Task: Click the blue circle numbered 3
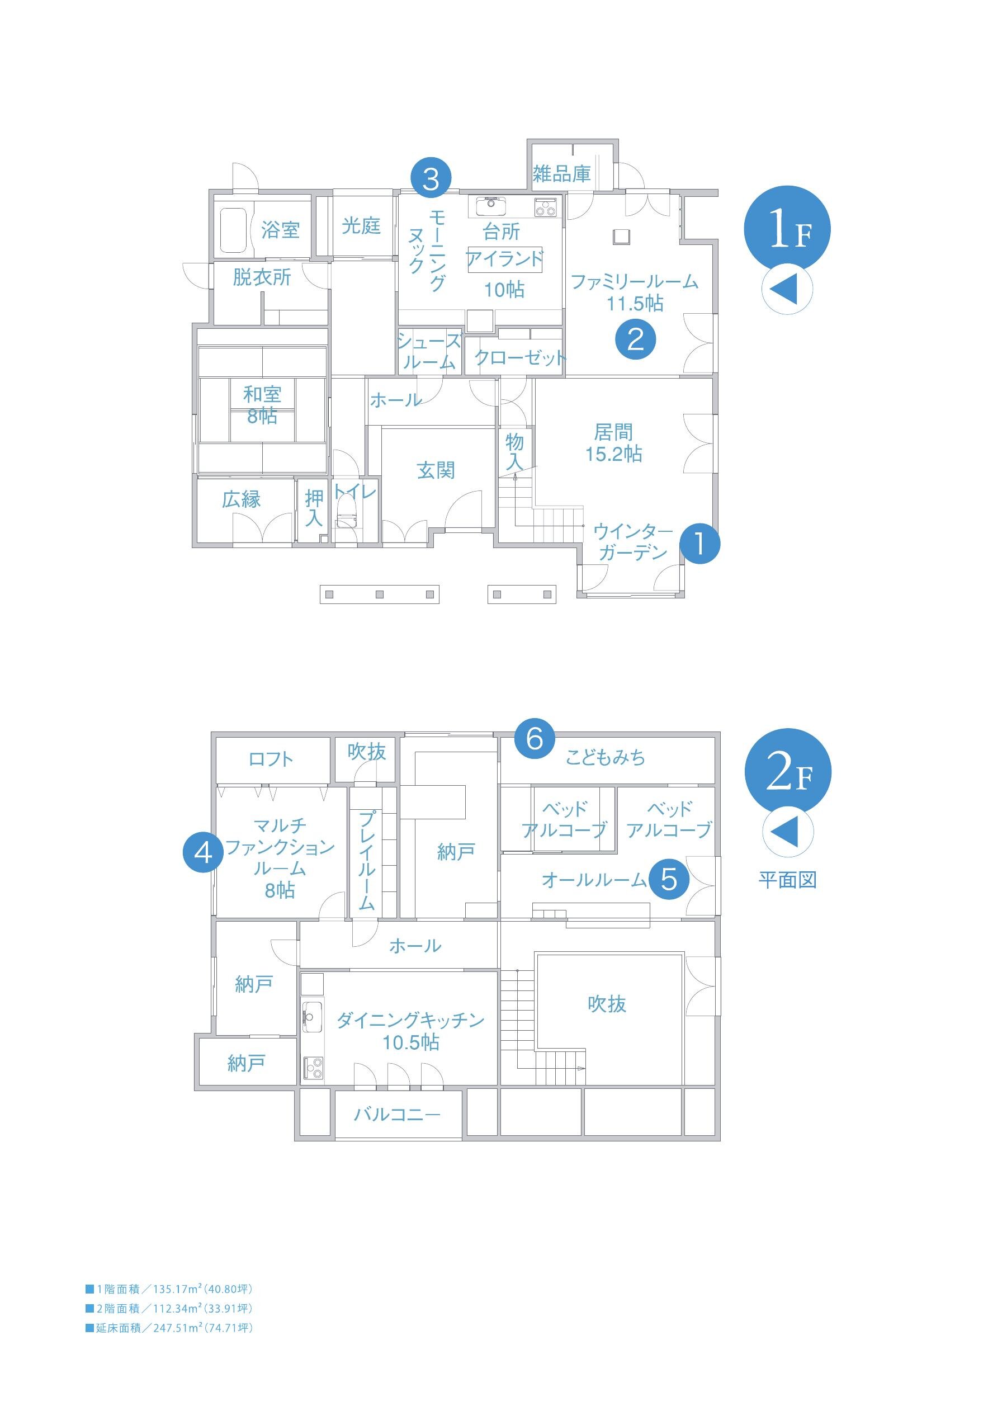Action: point(431,179)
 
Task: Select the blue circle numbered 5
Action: point(669,879)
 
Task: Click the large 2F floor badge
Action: point(787,773)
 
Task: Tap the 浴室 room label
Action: point(280,230)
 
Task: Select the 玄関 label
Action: point(436,471)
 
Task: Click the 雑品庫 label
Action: point(561,174)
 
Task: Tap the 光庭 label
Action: point(361,225)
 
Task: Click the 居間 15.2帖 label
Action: point(613,443)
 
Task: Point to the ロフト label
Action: point(271,759)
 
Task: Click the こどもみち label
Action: point(605,758)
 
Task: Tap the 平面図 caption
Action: point(787,880)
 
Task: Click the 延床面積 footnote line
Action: point(169,1328)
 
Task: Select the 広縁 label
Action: point(242,499)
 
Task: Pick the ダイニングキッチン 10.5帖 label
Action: point(410,1031)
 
